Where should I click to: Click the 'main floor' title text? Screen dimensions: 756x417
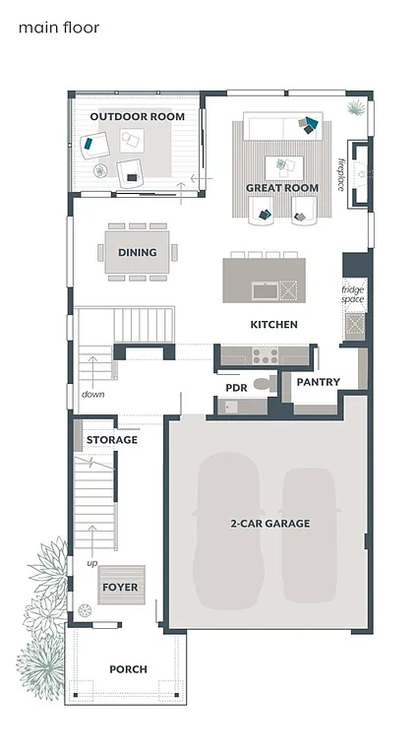59,28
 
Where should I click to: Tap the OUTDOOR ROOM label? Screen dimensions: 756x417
137,116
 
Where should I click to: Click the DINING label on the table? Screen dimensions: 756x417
137,252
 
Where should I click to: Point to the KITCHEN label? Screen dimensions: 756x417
273,324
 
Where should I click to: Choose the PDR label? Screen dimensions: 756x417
236,388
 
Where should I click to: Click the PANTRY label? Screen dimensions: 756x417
318,382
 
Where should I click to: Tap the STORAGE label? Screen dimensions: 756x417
111,439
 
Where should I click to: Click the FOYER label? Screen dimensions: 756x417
120,587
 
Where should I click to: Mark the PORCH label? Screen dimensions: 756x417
128,668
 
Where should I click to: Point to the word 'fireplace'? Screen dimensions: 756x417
341,174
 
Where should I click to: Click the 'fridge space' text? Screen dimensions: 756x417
353,294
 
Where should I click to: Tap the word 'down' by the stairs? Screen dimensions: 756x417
93,394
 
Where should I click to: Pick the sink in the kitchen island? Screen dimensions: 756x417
264,290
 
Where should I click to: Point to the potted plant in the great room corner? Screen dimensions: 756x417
356,105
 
